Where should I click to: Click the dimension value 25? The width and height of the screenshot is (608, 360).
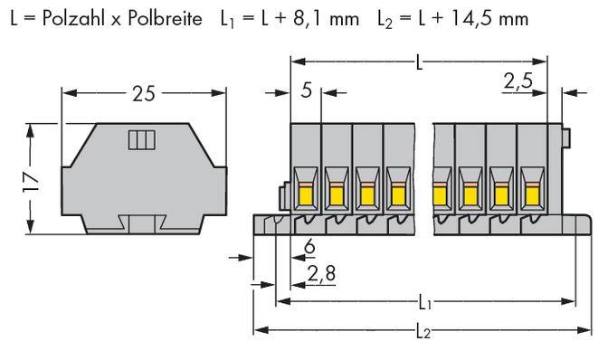(x=141, y=94)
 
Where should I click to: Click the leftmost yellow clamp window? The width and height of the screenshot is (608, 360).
(x=305, y=191)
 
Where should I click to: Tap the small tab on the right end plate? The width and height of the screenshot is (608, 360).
(x=565, y=137)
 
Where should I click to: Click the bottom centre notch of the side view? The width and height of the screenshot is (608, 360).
(x=142, y=225)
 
